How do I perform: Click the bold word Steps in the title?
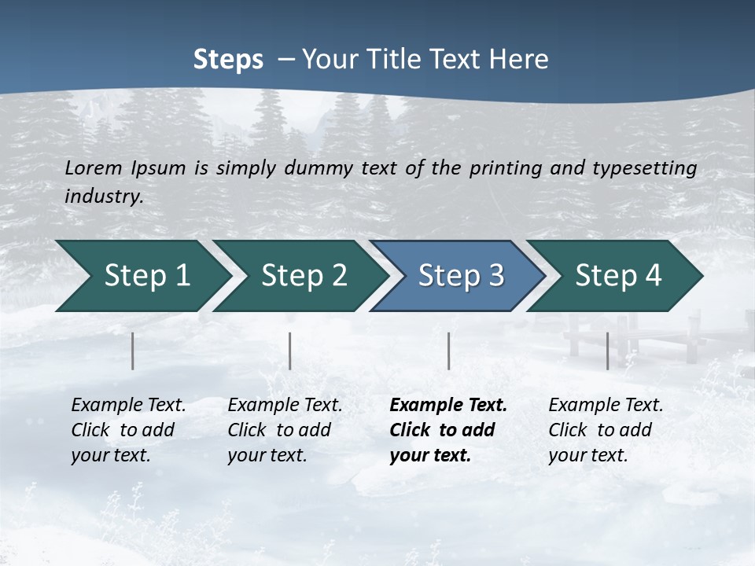(x=228, y=60)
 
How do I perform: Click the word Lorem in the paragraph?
(x=94, y=167)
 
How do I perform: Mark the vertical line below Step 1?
(x=133, y=351)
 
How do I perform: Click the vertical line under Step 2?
(x=290, y=351)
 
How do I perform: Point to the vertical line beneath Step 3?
(x=448, y=351)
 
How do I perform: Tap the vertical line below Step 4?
(x=607, y=351)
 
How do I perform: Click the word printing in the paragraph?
(x=502, y=167)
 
